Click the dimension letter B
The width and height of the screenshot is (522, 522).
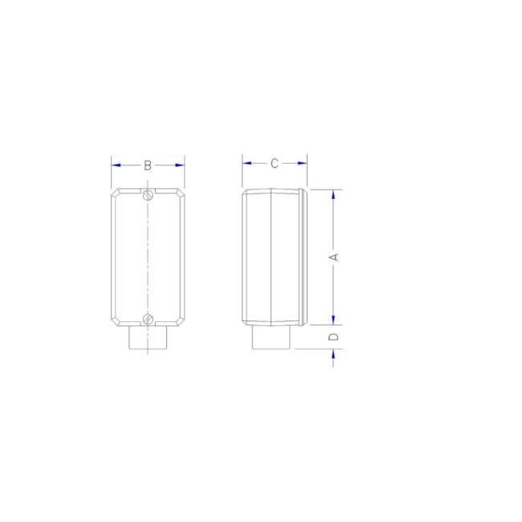[x=148, y=165]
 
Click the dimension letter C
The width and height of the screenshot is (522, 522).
[x=274, y=163]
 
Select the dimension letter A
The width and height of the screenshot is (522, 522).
[x=335, y=256]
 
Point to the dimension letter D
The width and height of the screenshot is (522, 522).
[x=335, y=336]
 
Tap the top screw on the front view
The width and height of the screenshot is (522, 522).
[x=148, y=194]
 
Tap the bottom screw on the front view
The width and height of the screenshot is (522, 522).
[x=148, y=319]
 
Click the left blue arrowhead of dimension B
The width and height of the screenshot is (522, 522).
[x=116, y=165]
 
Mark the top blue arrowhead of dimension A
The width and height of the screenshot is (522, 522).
[x=335, y=195]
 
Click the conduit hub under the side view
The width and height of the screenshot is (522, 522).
[x=271, y=337]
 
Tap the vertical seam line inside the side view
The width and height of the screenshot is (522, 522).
[x=271, y=256]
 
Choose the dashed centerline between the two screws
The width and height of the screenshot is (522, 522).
[x=148, y=256]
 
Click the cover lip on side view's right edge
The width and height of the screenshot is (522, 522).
[x=304, y=256]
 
